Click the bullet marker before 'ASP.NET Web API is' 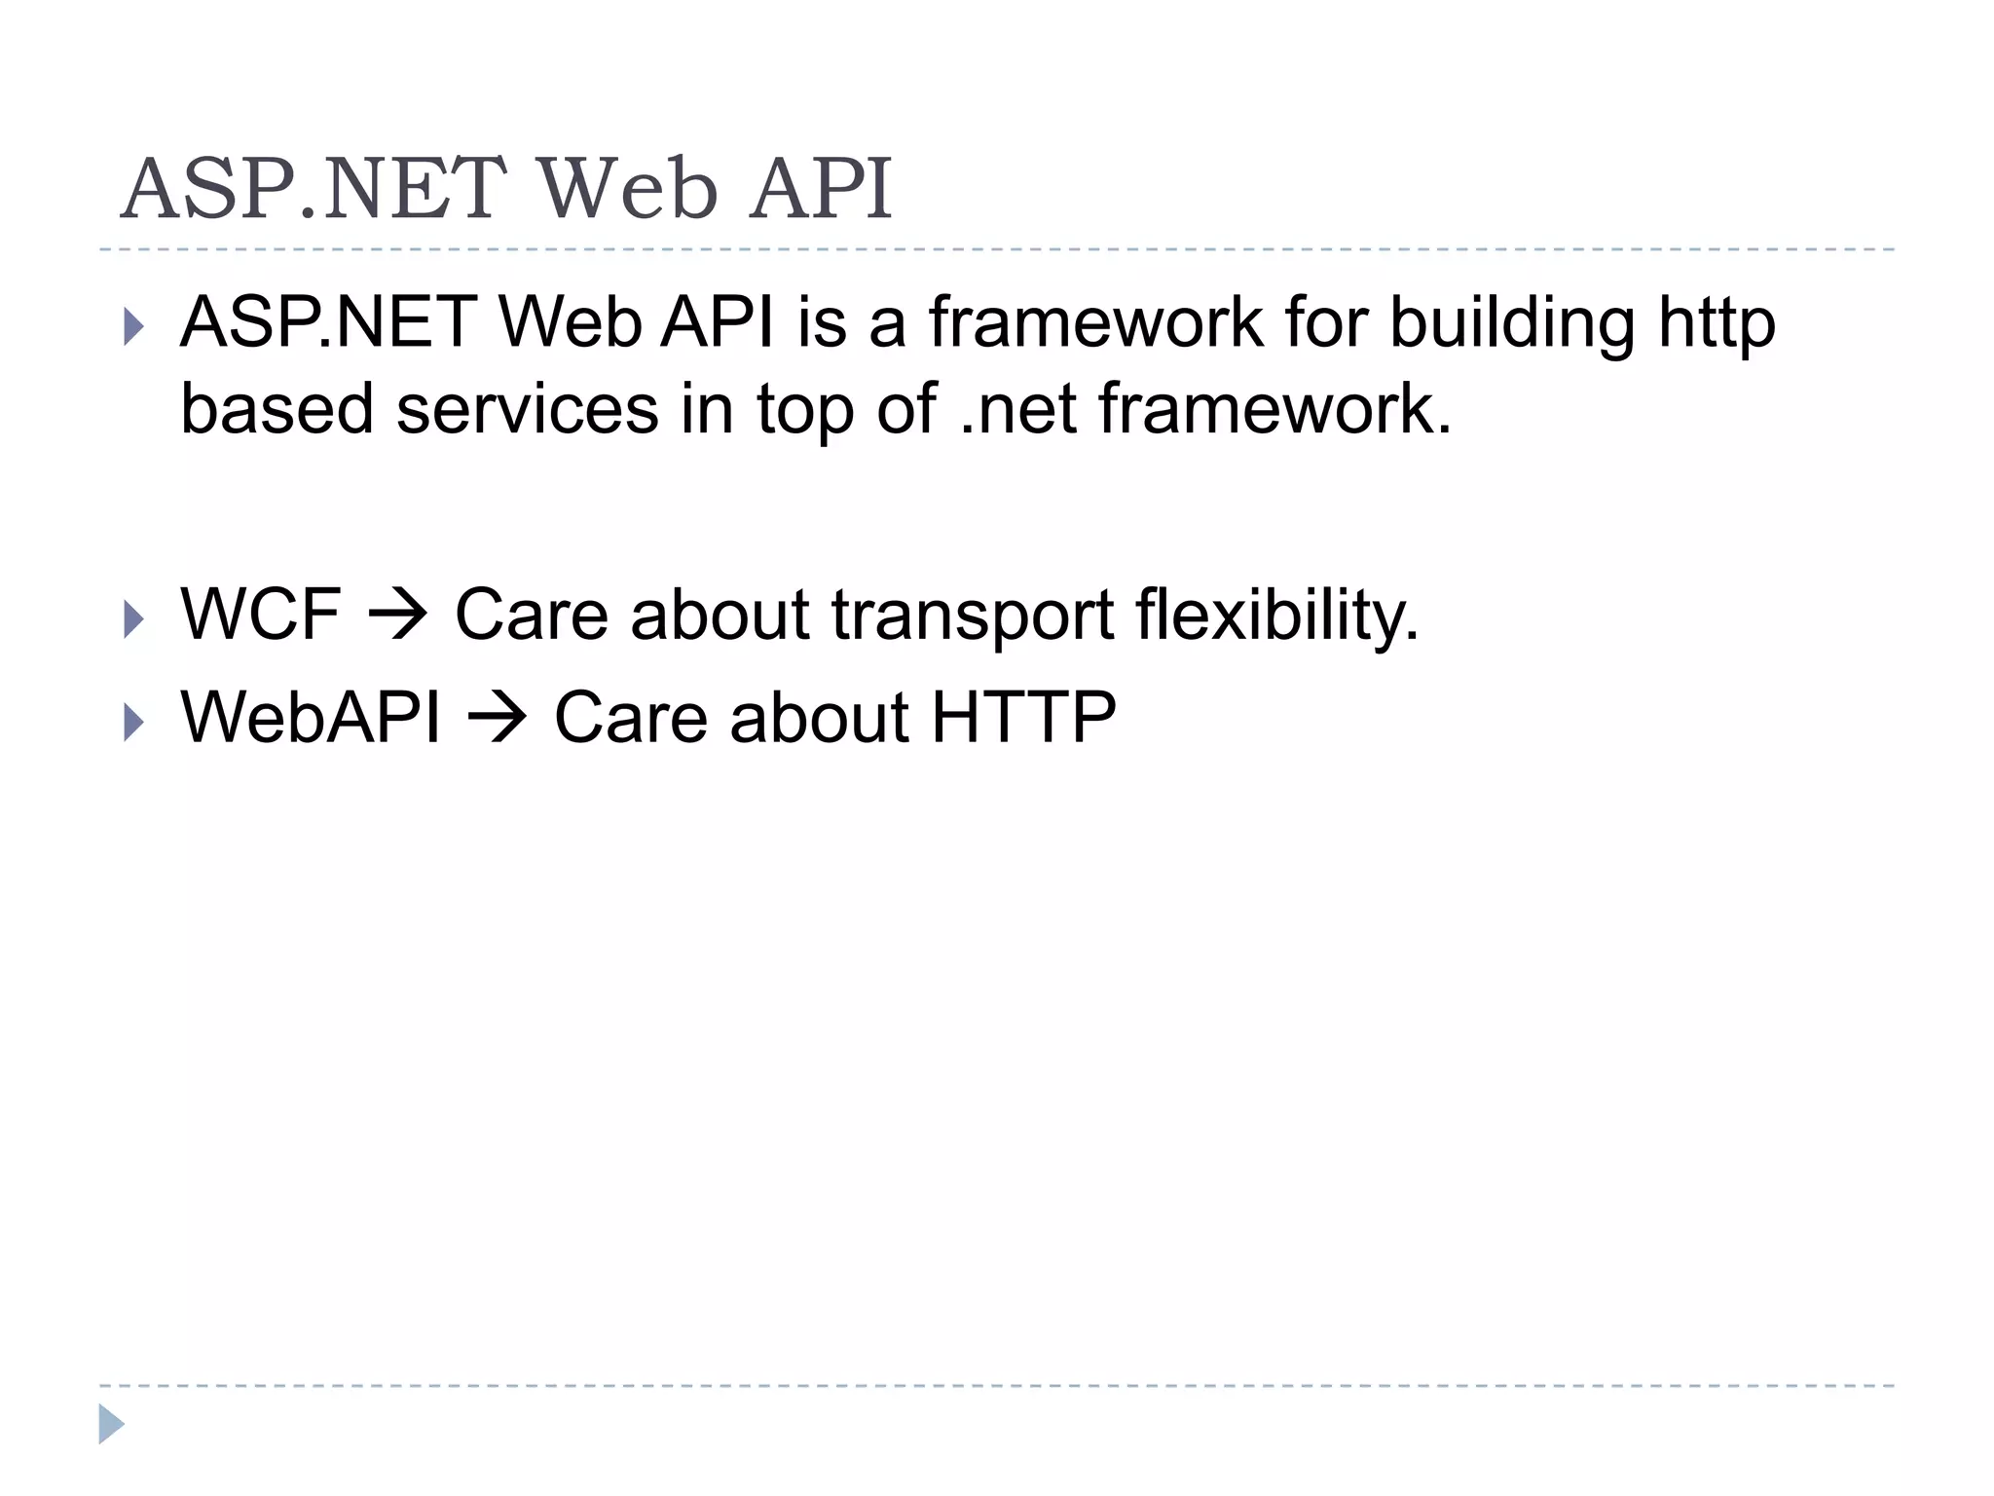133,327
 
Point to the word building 1512,323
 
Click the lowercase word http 1717,323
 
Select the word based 277,409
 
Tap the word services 527,409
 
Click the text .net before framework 1017,409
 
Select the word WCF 261,615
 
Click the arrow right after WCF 397,617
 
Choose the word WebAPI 311,718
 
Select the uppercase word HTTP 1023,718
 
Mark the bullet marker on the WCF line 133,619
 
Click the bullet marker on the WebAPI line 133,723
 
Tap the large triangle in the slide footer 111,1424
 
